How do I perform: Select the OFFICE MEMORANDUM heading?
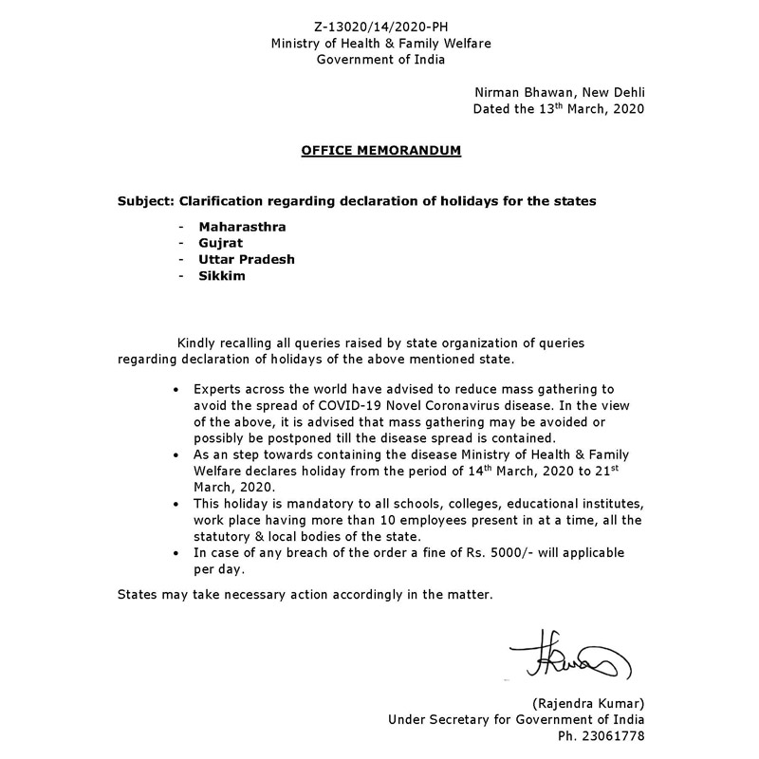(381, 150)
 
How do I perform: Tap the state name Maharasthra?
(242, 227)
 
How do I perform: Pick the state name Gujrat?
(221, 243)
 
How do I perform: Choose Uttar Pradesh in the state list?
(247, 259)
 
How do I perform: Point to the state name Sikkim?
(222, 275)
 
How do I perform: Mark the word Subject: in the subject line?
(148, 202)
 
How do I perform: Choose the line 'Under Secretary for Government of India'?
(516, 718)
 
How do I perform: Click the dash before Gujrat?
(180, 243)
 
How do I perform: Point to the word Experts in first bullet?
(217, 389)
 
